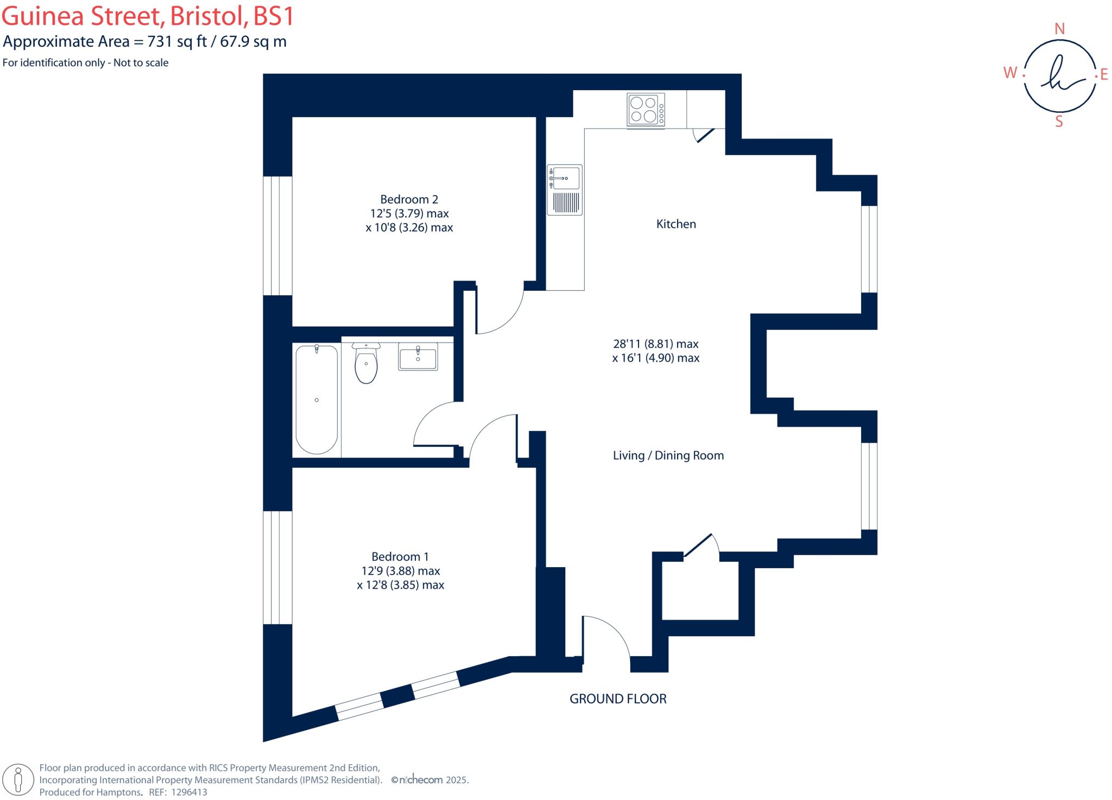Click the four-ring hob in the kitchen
coord(645,110)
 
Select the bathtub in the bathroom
coord(317,399)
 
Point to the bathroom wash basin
coord(418,357)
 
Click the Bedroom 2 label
coord(409,199)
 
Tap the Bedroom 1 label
coord(400,556)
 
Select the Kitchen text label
coord(675,224)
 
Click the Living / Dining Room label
coord(668,455)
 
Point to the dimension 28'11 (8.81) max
coord(655,344)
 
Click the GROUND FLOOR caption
coord(617,699)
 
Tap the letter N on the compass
coord(1059,29)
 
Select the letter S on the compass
coord(1059,122)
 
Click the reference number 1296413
coord(189,792)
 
